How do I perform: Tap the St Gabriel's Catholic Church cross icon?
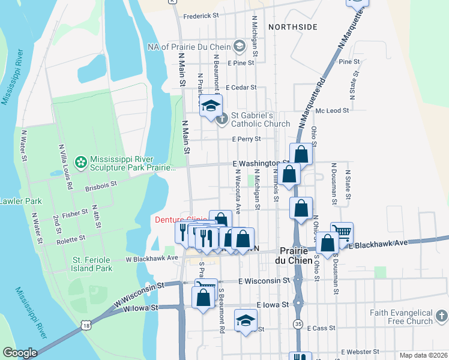[x=222, y=119]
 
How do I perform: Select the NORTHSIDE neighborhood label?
[x=293, y=27]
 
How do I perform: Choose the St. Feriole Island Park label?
[x=92, y=264]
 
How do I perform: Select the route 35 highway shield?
[x=298, y=325]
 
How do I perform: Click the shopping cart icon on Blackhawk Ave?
[x=342, y=232]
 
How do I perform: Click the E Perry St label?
[x=247, y=139]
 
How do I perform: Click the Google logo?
[x=20, y=353]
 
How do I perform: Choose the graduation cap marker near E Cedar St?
[x=211, y=106]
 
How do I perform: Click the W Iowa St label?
[x=141, y=308]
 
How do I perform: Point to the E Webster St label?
[x=360, y=352]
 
